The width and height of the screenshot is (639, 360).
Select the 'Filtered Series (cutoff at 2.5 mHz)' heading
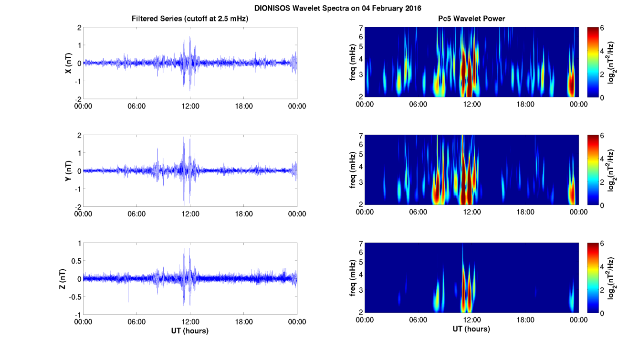190,19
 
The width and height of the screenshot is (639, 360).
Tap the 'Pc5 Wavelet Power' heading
471,19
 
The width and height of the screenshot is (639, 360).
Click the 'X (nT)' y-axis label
69,63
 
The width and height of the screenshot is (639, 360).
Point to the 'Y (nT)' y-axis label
69,170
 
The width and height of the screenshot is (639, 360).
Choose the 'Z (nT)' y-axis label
69,278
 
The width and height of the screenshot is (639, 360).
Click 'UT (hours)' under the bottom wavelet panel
471,329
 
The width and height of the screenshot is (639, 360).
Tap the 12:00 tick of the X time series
190,106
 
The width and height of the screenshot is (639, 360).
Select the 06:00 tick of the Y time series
136,214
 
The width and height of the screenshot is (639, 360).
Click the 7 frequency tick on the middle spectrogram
361,137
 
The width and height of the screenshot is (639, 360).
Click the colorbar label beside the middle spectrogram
612,170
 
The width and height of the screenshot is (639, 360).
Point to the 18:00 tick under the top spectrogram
525,104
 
